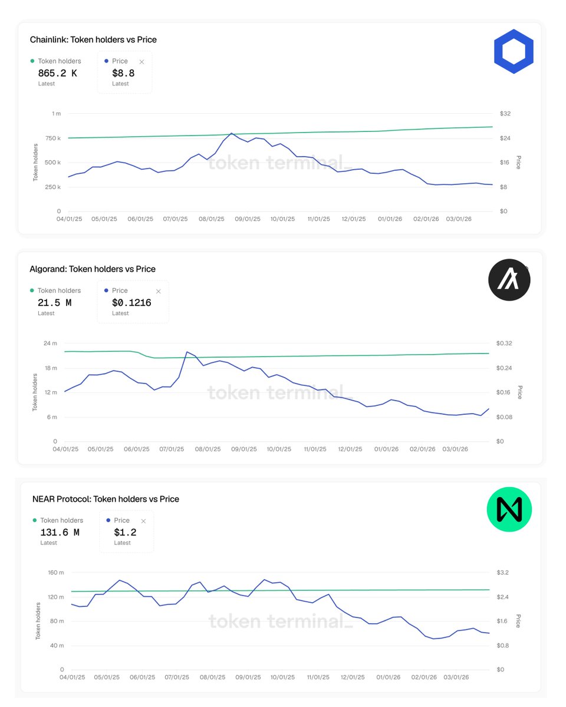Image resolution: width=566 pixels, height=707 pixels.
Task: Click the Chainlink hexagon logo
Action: tap(513, 52)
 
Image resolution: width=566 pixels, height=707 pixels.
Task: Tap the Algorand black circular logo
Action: tap(509, 280)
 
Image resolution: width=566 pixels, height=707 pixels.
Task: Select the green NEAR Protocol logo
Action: tap(509, 509)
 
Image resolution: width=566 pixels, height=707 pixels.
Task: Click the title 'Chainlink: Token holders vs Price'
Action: tap(93, 39)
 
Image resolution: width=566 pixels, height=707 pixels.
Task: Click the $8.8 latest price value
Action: tap(123, 73)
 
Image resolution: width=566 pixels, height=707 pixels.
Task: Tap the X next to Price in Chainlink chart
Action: tap(141, 62)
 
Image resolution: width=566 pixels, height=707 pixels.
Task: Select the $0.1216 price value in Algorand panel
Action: tap(131, 303)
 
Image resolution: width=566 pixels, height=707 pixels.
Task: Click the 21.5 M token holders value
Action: tap(55, 303)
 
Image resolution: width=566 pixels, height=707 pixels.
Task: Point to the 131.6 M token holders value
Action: tap(60, 532)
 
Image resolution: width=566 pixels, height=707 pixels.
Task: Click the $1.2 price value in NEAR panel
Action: tap(124, 532)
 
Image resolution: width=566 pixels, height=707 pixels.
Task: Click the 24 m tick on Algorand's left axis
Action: tap(51, 343)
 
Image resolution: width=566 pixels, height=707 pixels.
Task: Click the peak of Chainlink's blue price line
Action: tap(231, 133)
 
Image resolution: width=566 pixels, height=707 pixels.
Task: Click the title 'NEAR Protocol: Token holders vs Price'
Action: tap(106, 499)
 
